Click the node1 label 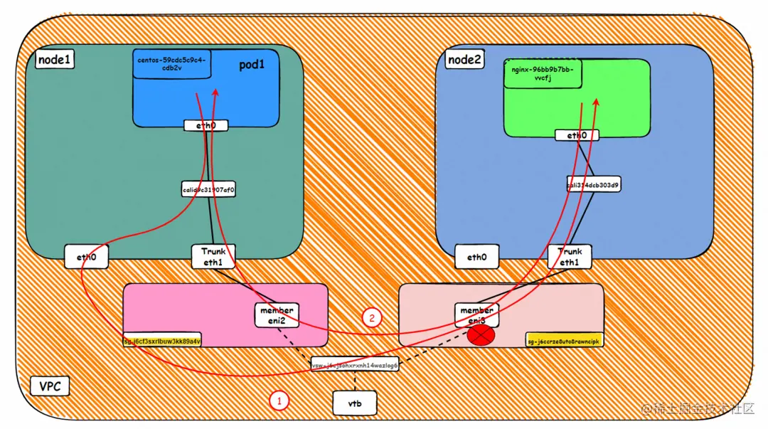(x=54, y=60)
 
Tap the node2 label (x=465, y=60)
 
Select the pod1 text (x=251, y=65)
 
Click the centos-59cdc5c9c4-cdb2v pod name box (x=171, y=64)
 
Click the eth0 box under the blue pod (x=206, y=125)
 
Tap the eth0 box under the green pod (x=577, y=135)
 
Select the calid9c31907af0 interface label (x=208, y=190)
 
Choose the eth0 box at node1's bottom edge (x=86, y=257)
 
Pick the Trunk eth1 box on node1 (x=213, y=256)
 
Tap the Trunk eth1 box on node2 (x=570, y=256)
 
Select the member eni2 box (x=277, y=315)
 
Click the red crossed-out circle (x=481, y=334)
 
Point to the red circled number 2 (x=371, y=317)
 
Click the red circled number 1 (x=279, y=401)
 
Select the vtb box (x=354, y=403)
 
